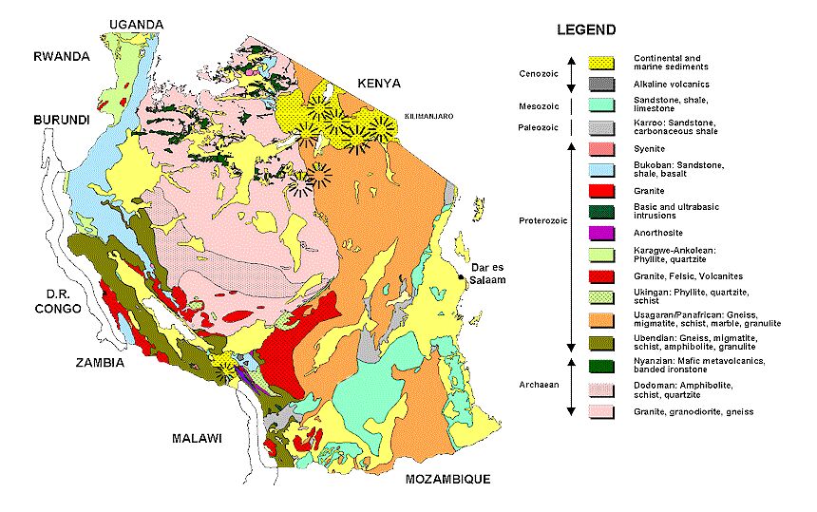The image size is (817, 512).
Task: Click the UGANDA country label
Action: (x=136, y=24)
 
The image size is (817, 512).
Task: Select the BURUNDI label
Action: (x=63, y=121)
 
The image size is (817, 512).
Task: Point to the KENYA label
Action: (x=377, y=84)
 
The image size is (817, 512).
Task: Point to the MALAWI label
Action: (x=197, y=438)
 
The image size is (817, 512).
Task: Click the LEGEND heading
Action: (x=587, y=30)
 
